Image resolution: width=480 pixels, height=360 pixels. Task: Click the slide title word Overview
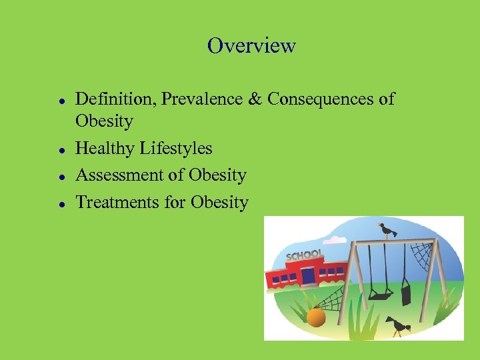pos(251,45)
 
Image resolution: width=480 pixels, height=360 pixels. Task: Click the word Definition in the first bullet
pos(107,99)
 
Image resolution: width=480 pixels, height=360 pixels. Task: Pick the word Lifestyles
pos(176,148)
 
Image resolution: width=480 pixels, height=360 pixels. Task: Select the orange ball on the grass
pos(316,317)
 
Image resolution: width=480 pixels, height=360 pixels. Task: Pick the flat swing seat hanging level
pos(381,293)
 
